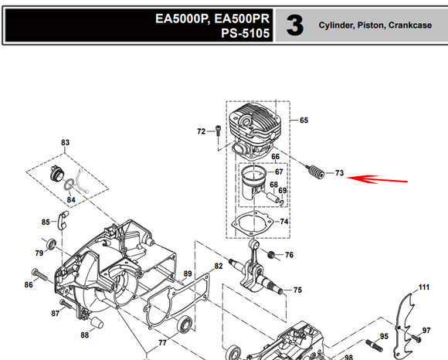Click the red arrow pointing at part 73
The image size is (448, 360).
(x=377, y=179)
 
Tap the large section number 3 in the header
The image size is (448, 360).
(x=295, y=25)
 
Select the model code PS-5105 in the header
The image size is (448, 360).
(x=245, y=33)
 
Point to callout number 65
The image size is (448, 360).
(x=304, y=121)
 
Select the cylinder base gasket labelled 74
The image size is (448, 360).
(x=252, y=224)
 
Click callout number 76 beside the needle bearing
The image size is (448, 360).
(x=289, y=255)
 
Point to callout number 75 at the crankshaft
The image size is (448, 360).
(x=297, y=290)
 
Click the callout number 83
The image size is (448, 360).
(x=65, y=142)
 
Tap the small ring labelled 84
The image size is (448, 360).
(x=68, y=185)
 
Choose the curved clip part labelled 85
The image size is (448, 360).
(x=63, y=220)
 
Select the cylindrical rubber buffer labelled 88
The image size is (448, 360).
(x=97, y=322)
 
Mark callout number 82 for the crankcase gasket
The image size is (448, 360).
(x=219, y=266)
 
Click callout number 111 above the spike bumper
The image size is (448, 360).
(x=424, y=287)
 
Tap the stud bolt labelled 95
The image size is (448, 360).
(x=375, y=345)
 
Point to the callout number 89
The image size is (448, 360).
(x=188, y=273)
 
